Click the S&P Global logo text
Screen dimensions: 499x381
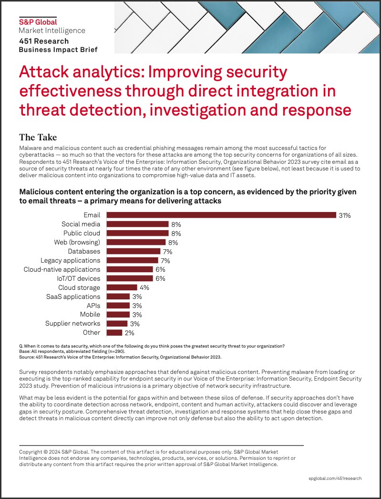coord(38,21)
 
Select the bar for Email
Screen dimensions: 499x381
coord(221,215)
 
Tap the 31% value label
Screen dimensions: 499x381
coord(344,215)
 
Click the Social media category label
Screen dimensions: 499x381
coord(81,224)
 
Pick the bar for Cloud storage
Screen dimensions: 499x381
coord(122,287)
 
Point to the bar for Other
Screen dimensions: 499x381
coord(114,333)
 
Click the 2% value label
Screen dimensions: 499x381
coord(129,333)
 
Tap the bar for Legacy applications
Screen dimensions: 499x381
coord(132,260)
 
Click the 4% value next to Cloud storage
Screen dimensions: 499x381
coord(144,287)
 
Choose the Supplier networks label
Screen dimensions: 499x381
coord(72,324)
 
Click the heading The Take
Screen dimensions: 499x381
coord(38,138)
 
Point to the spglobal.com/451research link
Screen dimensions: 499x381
coord(335,478)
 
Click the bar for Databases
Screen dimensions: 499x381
coord(133,251)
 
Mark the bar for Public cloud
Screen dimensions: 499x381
coord(137,233)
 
